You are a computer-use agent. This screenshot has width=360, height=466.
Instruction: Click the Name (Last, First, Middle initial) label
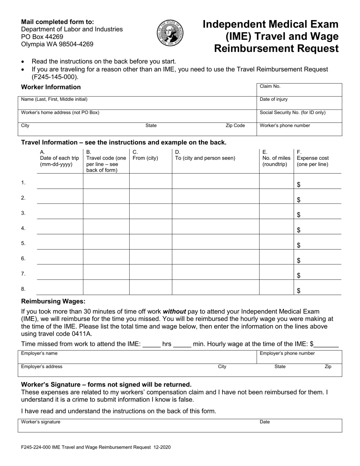click(54, 99)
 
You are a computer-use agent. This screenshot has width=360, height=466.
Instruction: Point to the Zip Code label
click(235, 125)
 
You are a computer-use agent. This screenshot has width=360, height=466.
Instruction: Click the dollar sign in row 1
click(299, 185)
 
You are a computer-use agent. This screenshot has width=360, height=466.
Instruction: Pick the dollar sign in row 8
click(299, 291)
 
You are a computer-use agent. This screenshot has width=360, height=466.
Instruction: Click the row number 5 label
click(23, 243)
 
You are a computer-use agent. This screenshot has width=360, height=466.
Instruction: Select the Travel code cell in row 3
click(106, 211)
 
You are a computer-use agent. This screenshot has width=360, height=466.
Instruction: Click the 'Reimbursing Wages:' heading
click(53, 302)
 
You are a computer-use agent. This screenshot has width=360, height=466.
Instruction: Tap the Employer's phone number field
click(299, 357)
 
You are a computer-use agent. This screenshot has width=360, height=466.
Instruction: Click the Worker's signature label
click(41, 422)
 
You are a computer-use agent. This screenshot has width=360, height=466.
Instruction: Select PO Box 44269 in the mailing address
click(42, 37)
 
